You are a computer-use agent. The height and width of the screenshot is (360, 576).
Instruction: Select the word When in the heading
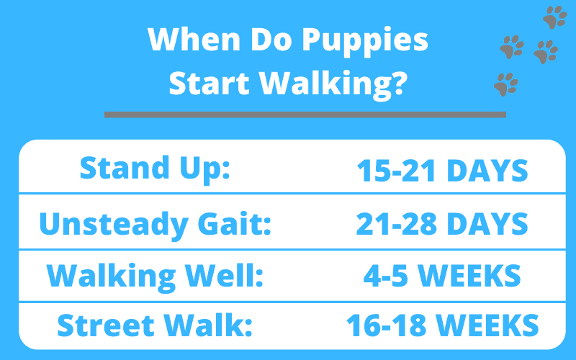[194, 39]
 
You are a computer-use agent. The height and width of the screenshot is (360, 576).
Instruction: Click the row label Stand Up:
[155, 168]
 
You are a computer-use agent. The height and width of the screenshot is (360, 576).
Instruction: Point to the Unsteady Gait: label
[155, 224]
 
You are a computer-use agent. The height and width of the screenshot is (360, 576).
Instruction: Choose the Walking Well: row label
[155, 276]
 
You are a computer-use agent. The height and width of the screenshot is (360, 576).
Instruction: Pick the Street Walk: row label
[155, 325]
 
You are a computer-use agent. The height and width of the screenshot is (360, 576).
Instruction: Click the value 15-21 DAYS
[442, 171]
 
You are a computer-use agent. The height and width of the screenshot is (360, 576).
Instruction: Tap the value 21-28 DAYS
[442, 224]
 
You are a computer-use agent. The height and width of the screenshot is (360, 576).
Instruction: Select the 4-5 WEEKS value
[442, 276]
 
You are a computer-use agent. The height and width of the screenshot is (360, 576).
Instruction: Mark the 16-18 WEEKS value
[442, 325]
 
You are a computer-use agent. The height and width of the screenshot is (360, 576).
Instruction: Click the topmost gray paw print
[554, 17]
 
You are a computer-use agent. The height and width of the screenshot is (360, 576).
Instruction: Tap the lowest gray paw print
[506, 84]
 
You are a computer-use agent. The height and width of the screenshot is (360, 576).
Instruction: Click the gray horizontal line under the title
[305, 114]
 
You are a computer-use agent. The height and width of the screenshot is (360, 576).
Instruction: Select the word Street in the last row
[106, 325]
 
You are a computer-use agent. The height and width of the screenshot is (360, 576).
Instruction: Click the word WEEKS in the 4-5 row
[469, 276]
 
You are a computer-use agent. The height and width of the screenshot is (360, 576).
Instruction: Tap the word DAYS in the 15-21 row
[487, 171]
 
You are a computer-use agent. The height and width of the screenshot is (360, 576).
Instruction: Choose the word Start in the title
[210, 83]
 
